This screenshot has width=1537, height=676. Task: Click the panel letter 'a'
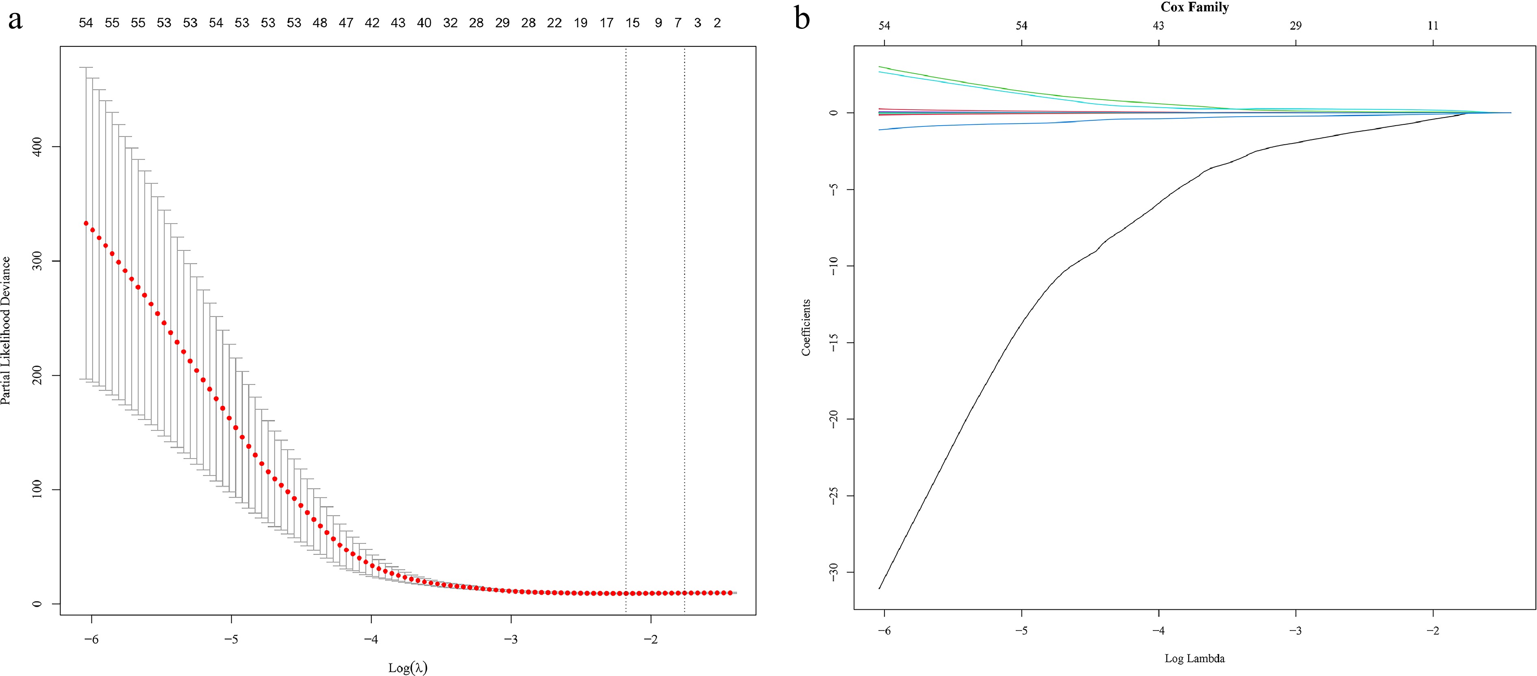tap(15, 20)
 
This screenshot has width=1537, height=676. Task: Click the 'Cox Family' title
tap(1195, 7)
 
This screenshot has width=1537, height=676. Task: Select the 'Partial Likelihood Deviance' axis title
tap(6, 330)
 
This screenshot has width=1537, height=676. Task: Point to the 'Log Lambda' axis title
tap(1195, 659)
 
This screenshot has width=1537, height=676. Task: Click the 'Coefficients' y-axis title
tap(806, 328)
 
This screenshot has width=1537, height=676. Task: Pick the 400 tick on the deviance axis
tap(37, 147)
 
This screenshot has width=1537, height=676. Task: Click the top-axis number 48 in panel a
tap(320, 23)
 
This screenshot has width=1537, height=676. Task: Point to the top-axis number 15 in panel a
tap(632, 23)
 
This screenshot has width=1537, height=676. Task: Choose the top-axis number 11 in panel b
tap(1433, 26)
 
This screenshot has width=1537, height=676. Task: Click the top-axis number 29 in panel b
tap(1295, 26)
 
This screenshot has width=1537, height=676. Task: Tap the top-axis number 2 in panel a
tap(717, 23)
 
